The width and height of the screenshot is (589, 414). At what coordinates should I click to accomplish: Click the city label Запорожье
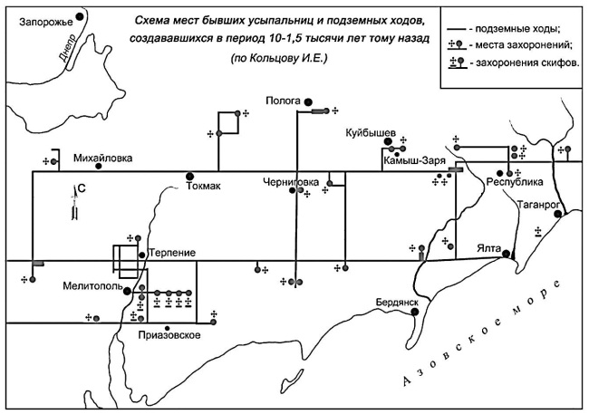click(40, 16)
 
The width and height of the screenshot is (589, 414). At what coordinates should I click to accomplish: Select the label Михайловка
click(102, 158)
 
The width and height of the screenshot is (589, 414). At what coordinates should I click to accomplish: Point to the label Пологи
click(285, 101)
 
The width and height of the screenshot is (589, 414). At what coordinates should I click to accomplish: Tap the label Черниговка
click(291, 181)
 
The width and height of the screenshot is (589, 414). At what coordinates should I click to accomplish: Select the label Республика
click(515, 181)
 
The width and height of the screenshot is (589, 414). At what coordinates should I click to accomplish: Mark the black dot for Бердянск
click(415, 312)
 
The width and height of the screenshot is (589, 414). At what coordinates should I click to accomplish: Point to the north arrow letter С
click(81, 188)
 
